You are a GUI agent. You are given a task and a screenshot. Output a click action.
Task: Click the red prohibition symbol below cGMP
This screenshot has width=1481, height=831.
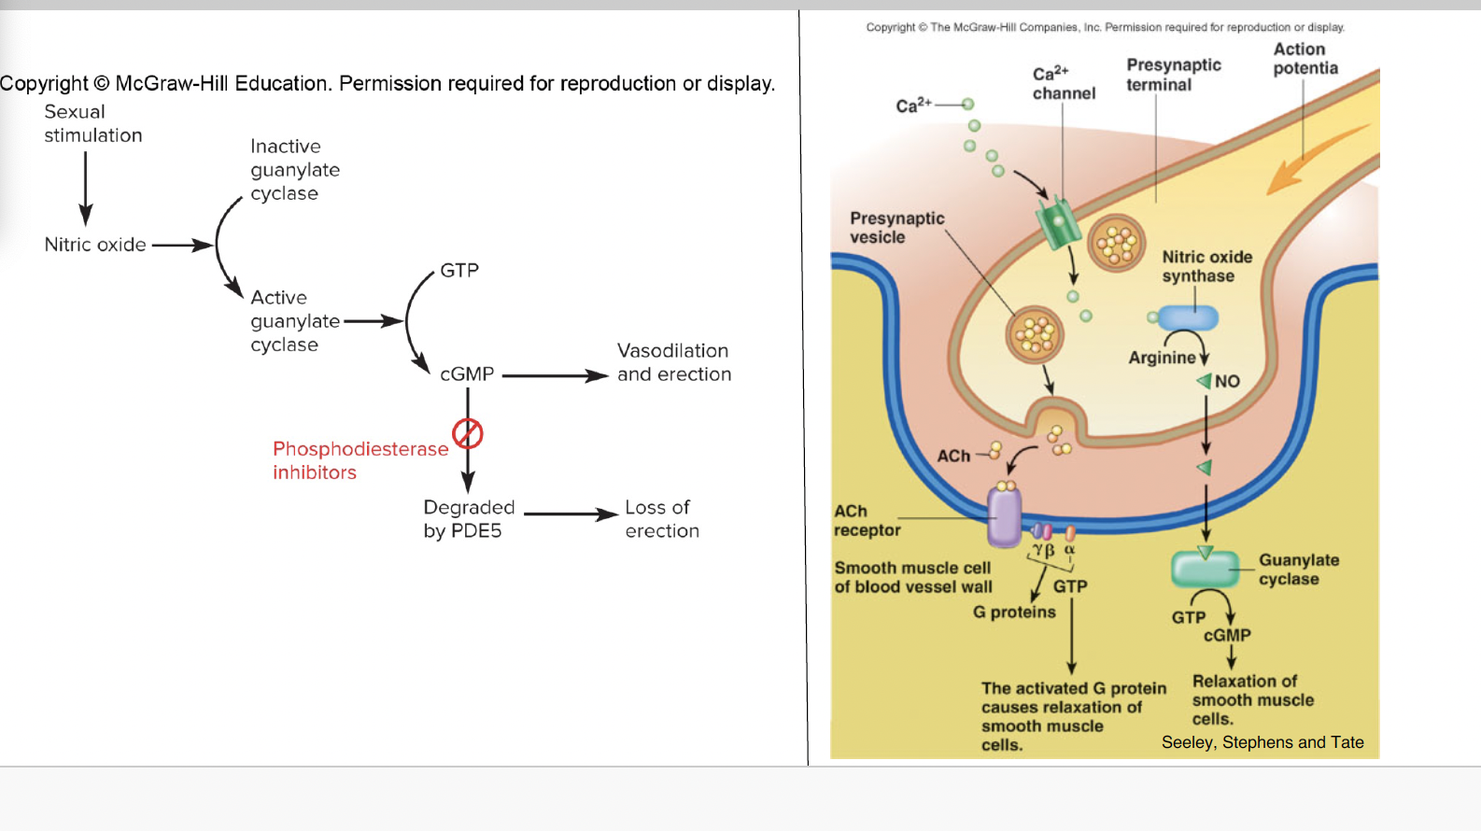click(467, 433)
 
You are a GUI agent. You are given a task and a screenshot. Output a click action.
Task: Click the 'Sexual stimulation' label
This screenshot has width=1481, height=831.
click(92, 123)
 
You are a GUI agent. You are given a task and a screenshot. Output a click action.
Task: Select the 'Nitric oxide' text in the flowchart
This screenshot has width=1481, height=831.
click(95, 245)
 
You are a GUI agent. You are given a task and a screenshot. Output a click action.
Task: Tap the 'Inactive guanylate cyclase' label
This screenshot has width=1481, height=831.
click(294, 170)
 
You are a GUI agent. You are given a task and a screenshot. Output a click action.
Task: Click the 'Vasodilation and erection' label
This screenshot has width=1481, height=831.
click(673, 362)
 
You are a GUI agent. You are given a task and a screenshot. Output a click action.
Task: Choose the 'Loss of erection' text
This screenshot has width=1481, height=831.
click(661, 519)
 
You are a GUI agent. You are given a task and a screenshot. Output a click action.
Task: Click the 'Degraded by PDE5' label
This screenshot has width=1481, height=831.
click(468, 519)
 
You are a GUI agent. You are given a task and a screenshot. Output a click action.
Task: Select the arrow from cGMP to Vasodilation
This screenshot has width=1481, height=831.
click(555, 375)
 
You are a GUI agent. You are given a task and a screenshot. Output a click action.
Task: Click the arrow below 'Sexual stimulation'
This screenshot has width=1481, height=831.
click(86, 188)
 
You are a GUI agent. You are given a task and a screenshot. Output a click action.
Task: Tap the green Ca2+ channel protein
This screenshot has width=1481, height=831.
click(1058, 222)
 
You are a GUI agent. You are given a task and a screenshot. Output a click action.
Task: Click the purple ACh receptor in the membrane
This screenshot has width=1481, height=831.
click(1005, 515)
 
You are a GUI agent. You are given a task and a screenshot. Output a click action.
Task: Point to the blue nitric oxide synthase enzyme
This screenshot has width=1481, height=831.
click(1189, 317)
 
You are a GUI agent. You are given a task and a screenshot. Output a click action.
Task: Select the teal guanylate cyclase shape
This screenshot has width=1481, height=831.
click(1204, 569)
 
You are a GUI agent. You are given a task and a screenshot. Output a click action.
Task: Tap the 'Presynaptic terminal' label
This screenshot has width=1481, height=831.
click(1173, 75)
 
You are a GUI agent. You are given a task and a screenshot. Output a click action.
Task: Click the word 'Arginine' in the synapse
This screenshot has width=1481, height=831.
click(1161, 358)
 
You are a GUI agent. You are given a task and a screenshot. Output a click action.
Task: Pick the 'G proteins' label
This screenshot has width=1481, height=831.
click(1014, 613)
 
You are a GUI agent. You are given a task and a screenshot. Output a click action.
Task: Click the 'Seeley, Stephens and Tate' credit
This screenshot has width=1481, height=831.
click(1262, 742)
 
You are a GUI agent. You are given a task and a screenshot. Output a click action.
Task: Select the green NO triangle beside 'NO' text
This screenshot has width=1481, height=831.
click(1204, 381)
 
